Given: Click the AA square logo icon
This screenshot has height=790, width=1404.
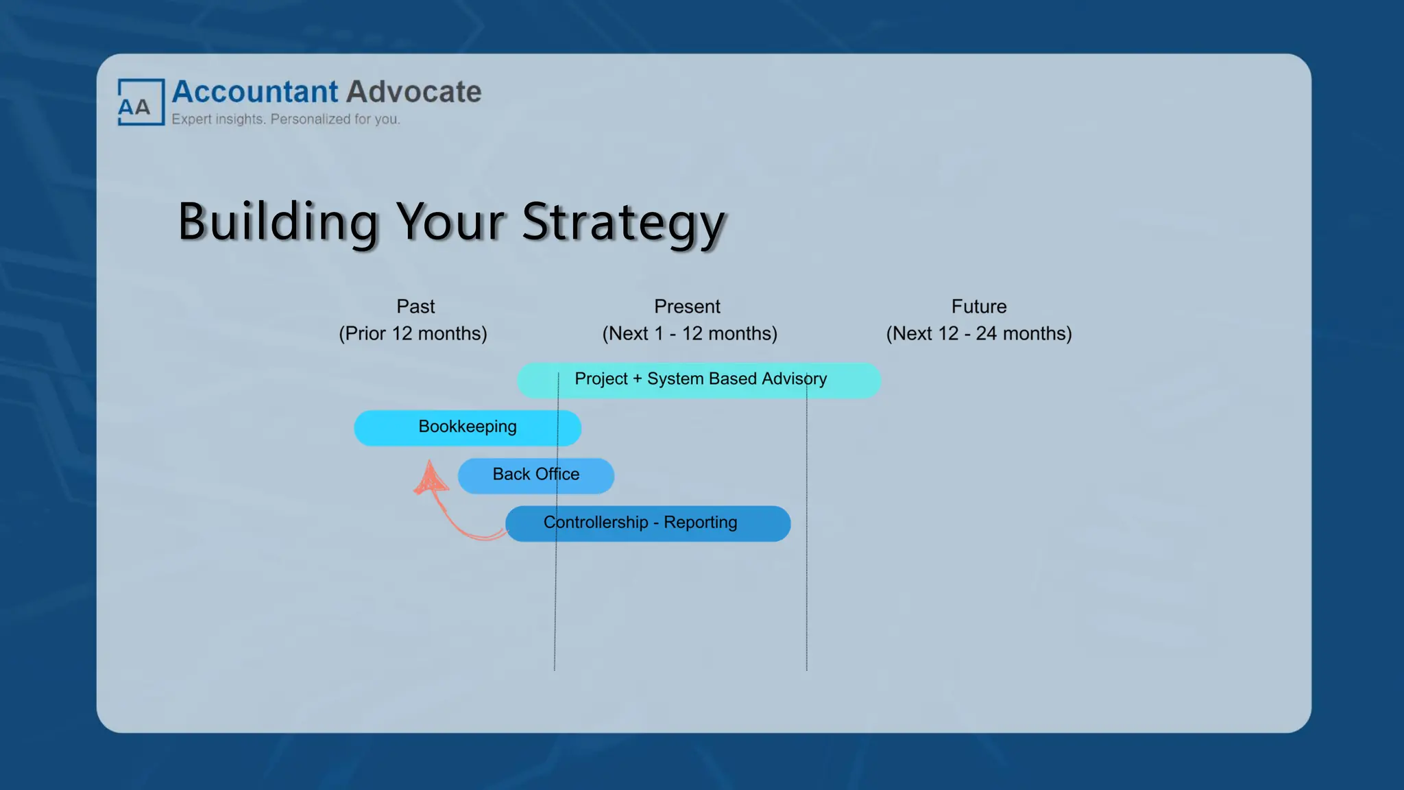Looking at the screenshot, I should click(x=141, y=102).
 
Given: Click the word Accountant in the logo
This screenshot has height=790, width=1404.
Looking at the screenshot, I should click(x=255, y=92).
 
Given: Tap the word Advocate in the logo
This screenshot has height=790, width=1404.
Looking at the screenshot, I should click(x=413, y=92).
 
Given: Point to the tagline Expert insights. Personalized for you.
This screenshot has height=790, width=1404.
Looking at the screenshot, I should click(x=285, y=119).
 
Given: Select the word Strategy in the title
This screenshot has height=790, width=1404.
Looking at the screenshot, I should click(x=622, y=222).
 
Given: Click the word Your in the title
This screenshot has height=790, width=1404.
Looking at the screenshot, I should click(x=450, y=222).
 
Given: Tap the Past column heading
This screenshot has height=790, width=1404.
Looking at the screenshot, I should click(x=415, y=307).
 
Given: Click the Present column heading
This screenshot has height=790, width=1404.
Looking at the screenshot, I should click(x=687, y=307).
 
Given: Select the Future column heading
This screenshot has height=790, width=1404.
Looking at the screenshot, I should click(x=978, y=307).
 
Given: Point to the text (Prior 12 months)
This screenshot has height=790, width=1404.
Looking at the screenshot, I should click(x=413, y=333).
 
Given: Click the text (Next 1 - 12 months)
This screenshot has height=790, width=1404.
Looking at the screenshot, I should click(x=690, y=333).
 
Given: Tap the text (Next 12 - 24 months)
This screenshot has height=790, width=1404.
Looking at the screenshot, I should click(x=978, y=333).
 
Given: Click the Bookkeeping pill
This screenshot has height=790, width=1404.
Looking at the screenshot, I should click(x=468, y=427).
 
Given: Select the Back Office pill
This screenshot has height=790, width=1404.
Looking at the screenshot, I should click(x=536, y=475).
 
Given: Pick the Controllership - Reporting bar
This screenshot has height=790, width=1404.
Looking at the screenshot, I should click(x=647, y=523).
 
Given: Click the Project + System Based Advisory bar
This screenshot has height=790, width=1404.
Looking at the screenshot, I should click(x=699, y=379).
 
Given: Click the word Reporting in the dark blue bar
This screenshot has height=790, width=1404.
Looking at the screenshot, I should click(x=700, y=523).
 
